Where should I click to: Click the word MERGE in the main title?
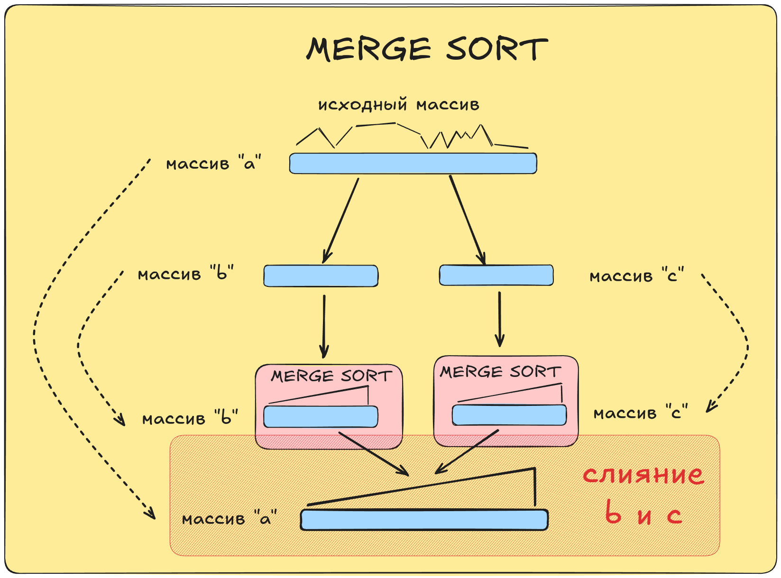[x=368, y=49]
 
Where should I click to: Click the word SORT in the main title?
[x=496, y=49]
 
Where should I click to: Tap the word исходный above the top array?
[x=362, y=105]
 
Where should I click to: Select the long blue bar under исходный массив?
[x=413, y=164]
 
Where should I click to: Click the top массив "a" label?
[x=213, y=164]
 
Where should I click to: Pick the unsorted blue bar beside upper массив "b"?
[x=321, y=276]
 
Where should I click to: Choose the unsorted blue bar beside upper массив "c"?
[x=496, y=275]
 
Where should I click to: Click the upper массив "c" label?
[x=636, y=276]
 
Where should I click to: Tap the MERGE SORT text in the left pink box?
[x=331, y=376]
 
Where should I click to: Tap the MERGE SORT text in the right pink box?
[x=500, y=372]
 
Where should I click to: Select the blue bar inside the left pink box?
[x=321, y=417]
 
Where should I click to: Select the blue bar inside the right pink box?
[x=509, y=415]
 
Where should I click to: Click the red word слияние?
[x=643, y=474]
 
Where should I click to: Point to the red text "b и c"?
[x=643, y=514]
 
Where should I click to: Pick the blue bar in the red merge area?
[x=424, y=520]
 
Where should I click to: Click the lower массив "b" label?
[x=190, y=418]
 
